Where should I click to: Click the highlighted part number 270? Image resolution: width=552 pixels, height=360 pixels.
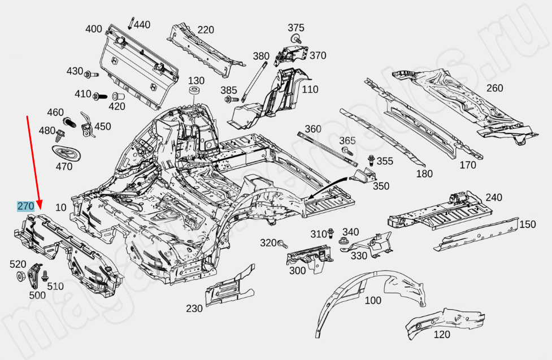25,207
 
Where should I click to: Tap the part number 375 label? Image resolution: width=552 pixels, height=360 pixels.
295,28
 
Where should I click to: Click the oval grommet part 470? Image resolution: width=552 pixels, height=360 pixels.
63,152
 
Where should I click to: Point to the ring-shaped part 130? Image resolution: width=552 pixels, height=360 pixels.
196,93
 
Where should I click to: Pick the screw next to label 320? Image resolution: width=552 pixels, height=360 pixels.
283,244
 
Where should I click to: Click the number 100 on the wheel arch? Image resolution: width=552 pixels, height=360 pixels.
373,300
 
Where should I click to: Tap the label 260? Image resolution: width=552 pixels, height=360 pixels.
494,88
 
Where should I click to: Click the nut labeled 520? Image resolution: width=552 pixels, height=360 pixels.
19,276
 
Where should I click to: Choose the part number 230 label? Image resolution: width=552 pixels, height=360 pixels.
194,309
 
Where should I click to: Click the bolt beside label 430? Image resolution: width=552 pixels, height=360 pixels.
89,74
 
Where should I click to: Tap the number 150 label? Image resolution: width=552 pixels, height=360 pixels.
527,224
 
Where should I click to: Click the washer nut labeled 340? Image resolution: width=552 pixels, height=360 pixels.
344,242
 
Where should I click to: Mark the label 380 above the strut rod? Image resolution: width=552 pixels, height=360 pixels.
261,56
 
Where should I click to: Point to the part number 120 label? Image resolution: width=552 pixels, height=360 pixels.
442,335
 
